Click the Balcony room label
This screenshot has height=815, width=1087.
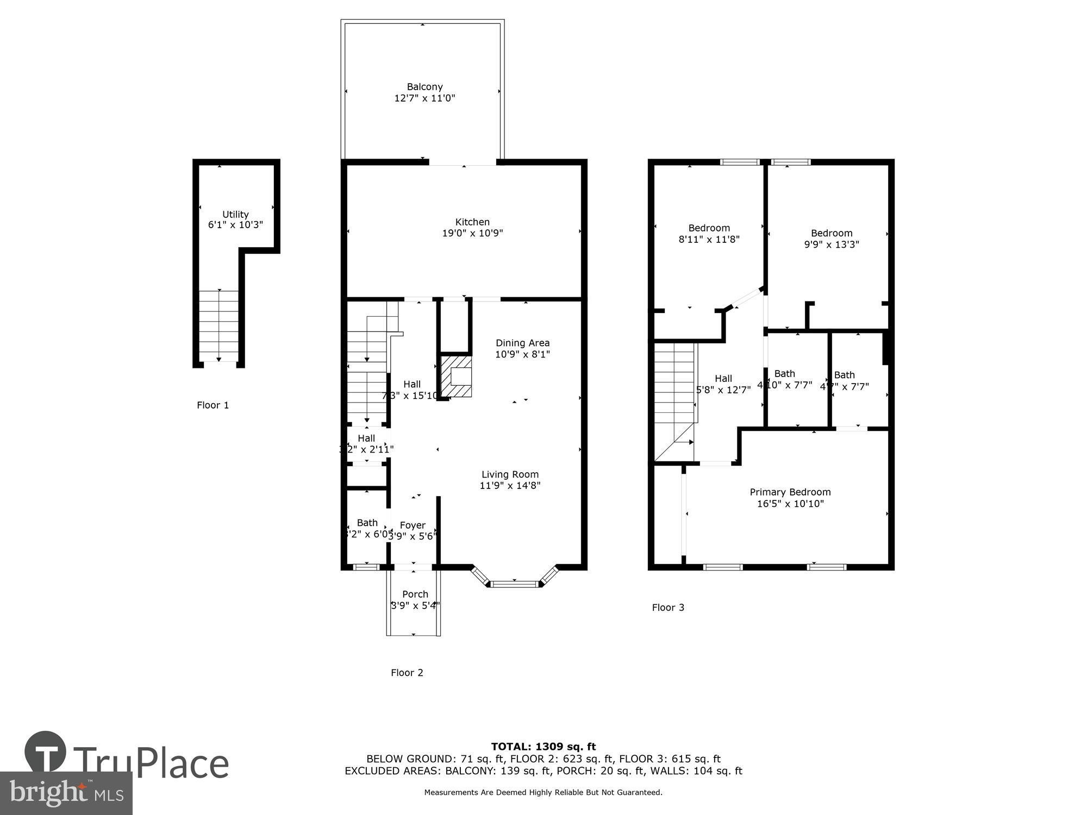tap(424, 87)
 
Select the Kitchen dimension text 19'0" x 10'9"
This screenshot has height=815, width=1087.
tap(472, 234)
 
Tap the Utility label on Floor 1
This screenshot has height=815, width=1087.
tap(235, 214)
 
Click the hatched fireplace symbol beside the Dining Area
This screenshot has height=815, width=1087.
tap(455, 376)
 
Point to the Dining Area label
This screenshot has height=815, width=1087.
tap(522, 343)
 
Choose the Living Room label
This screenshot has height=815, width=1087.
tap(510, 474)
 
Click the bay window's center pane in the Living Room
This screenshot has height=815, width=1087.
tap(514, 584)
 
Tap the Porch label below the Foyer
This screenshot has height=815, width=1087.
tap(415, 594)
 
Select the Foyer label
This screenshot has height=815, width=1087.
tap(413, 525)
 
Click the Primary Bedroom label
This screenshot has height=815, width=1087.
tap(790, 492)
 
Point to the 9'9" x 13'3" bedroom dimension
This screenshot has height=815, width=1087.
tap(832, 244)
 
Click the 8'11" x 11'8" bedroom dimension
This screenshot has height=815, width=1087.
tap(709, 239)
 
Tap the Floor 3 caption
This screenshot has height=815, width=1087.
tap(668, 607)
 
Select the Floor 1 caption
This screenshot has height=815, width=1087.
tap(213, 405)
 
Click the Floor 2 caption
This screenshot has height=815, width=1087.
tap(407, 673)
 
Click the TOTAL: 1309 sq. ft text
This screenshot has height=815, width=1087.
tap(543, 747)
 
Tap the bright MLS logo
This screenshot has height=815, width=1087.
tap(66, 793)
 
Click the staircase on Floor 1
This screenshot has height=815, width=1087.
tap(218, 325)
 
